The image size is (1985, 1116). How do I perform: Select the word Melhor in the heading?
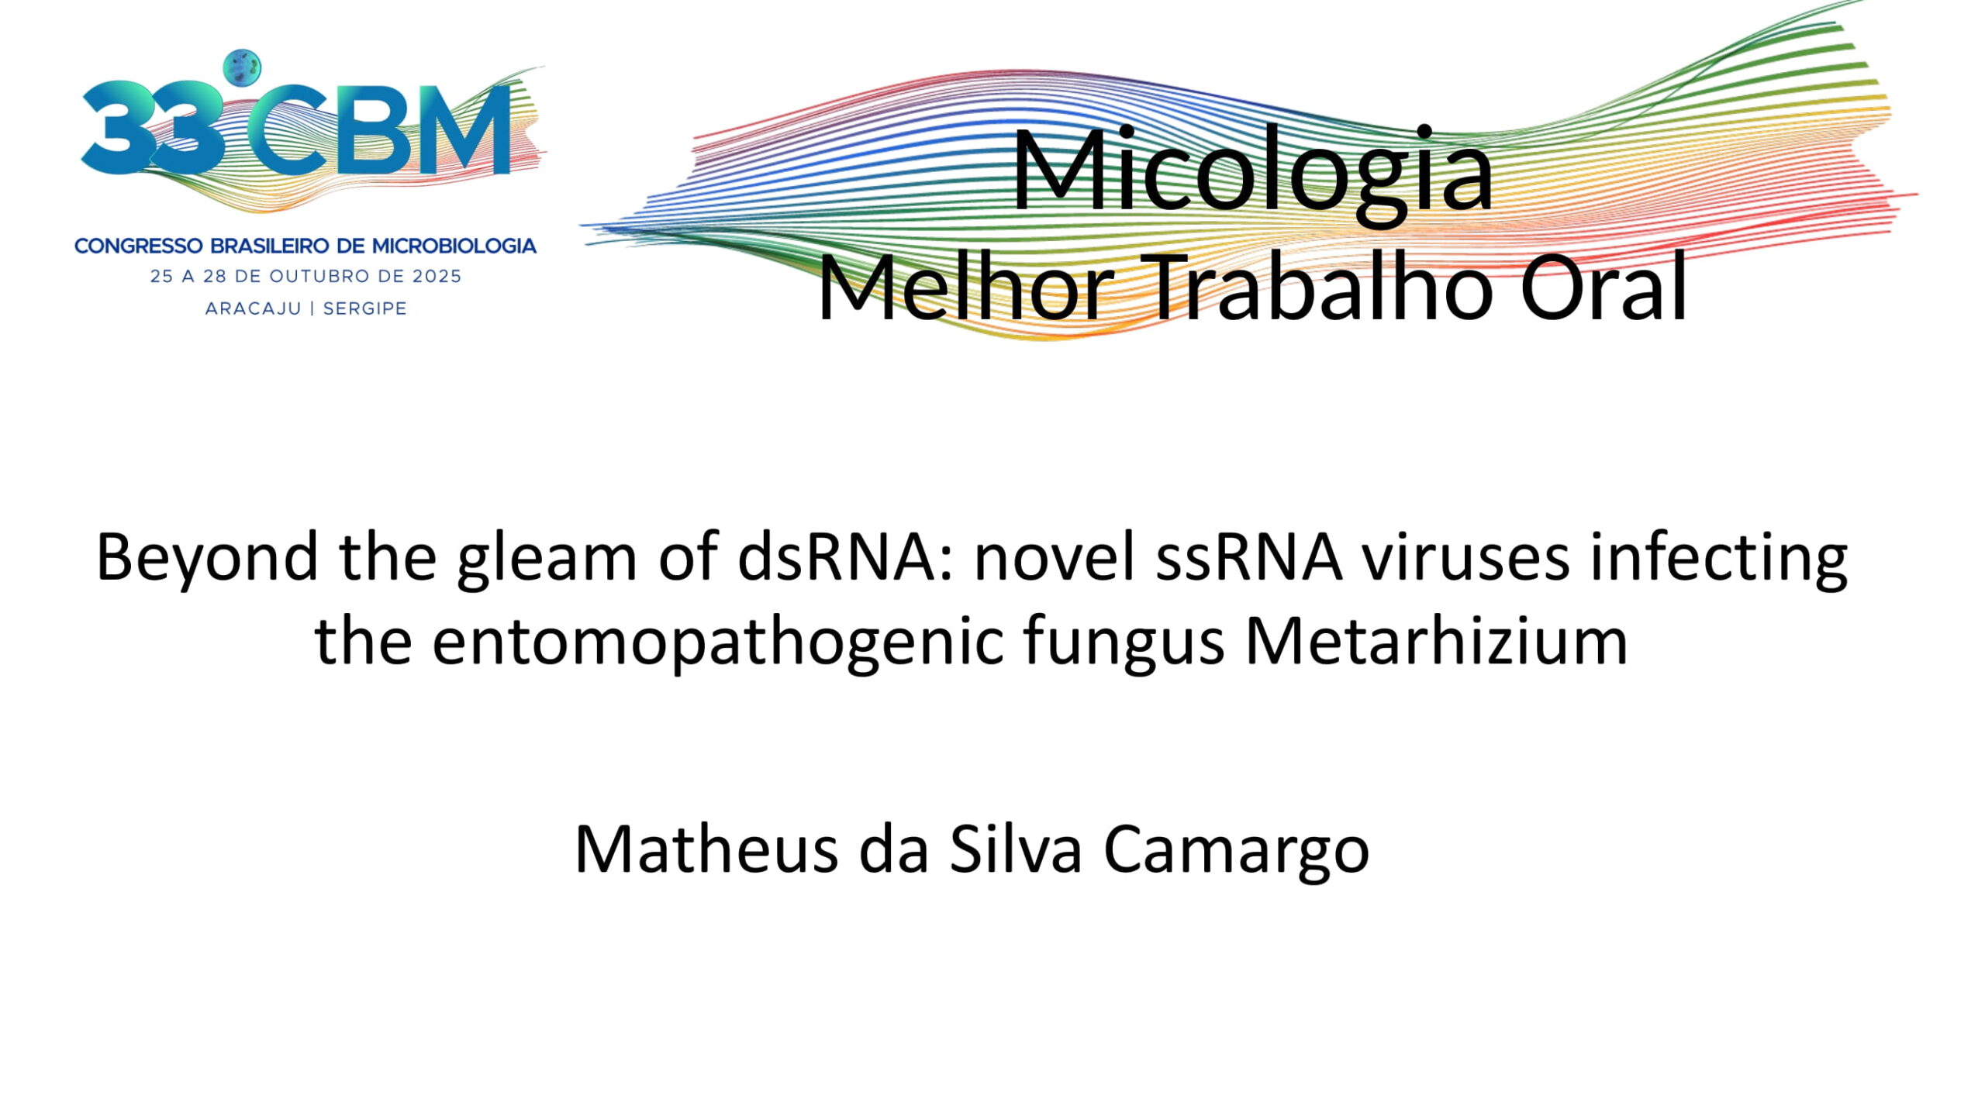(966, 288)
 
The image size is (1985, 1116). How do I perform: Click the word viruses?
(1466, 558)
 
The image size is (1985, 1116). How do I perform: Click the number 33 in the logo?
(152, 128)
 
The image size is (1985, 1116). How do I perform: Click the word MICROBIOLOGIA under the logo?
(454, 246)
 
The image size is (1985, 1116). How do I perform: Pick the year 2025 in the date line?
(436, 277)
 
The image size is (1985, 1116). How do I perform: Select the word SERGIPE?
(364, 308)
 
